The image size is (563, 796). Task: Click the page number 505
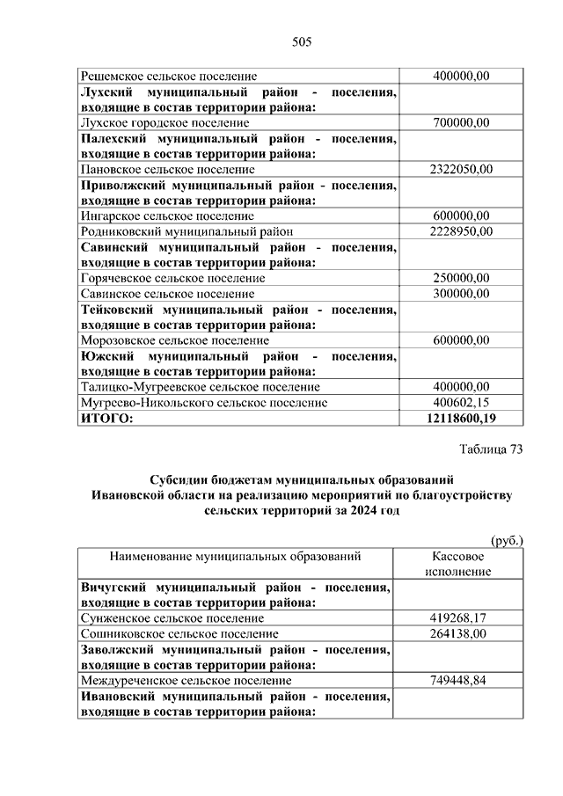point(302,41)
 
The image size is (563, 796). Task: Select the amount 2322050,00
point(461,169)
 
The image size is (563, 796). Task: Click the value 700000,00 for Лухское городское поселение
point(461,123)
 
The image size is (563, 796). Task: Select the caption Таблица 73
point(491,449)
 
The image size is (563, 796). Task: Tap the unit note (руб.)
point(506,540)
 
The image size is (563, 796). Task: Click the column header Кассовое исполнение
point(458,564)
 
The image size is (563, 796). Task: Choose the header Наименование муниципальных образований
point(235,556)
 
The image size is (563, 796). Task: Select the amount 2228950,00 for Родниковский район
point(461,231)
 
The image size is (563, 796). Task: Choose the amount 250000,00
point(461,278)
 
